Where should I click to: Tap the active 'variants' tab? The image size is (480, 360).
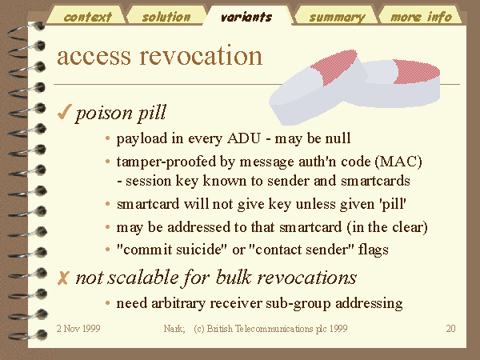point(246,16)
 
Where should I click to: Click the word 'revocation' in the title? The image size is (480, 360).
point(201,56)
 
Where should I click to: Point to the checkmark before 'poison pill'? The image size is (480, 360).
point(64,112)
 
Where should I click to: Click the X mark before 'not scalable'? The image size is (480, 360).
point(62,278)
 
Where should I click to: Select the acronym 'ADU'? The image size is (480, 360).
point(244,138)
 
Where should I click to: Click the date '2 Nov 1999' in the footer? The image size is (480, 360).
point(78,329)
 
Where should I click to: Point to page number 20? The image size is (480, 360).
point(450,329)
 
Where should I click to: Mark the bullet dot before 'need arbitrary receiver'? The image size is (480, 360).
point(107,303)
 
